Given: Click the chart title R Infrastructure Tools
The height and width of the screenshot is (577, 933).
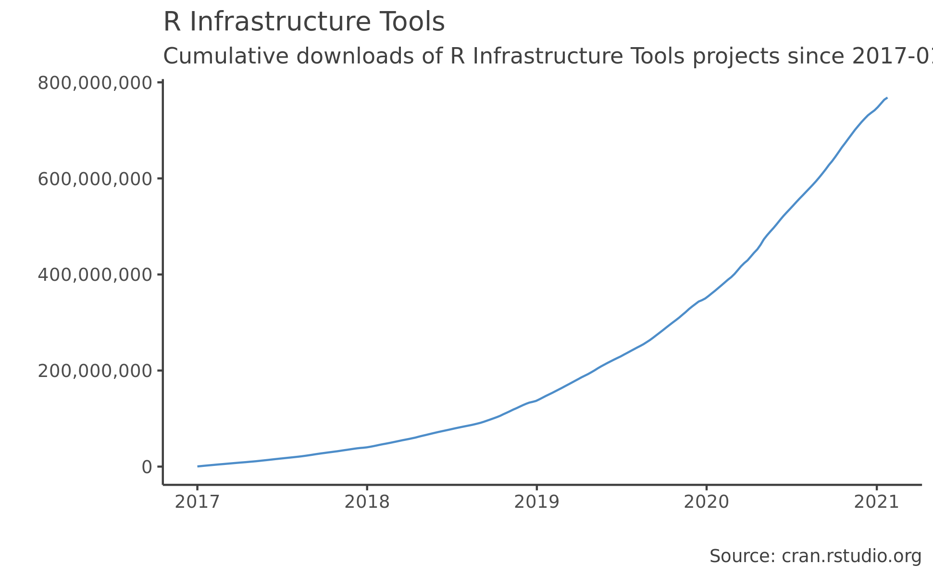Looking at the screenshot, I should pos(304,22).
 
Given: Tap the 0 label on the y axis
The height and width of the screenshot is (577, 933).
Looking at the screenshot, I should pos(147,467).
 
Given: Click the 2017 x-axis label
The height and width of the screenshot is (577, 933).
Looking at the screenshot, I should pos(197,502).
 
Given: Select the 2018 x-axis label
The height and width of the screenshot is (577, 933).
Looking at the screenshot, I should pos(367,502).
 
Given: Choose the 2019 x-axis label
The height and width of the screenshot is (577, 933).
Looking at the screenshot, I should pos(536,502).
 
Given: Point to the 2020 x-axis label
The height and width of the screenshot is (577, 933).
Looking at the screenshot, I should pos(706,502).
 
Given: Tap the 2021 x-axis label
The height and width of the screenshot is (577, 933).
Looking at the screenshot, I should pos(876,502).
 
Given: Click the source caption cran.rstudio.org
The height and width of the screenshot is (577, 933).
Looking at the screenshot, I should pos(851,556).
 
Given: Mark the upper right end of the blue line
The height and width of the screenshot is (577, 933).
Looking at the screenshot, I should pos(886,98).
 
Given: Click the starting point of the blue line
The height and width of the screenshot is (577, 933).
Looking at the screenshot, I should pos(198,466).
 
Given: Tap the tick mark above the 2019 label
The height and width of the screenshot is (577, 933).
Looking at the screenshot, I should pos(536,488).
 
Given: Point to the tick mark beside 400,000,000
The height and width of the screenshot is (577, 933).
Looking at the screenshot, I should pos(160,275).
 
